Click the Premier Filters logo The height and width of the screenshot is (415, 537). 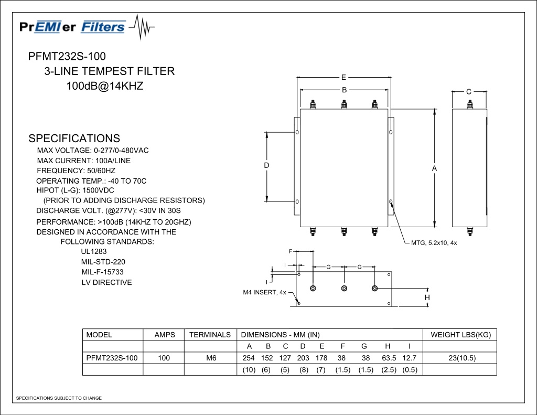click(87, 27)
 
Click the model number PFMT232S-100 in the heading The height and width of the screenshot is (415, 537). click(67, 56)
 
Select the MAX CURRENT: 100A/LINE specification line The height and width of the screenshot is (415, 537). click(83, 161)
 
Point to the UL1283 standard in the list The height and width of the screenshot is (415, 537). click(94, 251)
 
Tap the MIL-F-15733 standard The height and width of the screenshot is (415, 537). click(102, 272)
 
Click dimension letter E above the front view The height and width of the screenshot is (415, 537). click(343, 78)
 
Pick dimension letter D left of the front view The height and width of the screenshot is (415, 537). click(266, 165)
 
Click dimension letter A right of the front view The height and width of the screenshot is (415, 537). click(434, 168)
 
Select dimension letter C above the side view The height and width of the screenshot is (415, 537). click(469, 91)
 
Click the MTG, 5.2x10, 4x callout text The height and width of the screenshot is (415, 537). click(434, 243)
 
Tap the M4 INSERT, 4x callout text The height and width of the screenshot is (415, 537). click(264, 292)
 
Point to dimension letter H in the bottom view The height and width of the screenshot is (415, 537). click(427, 297)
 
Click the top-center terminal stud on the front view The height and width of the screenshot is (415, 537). click(344, 104)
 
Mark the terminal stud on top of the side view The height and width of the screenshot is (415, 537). click(470, 104)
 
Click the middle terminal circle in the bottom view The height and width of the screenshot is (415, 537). click(344, 289)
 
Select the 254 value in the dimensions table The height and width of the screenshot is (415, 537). click(248, 358)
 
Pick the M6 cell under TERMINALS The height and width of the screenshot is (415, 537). click(211, 358)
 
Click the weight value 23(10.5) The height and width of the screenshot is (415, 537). click(462, 358)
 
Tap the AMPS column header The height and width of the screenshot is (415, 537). click(165, 335)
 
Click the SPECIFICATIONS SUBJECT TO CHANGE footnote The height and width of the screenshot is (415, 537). click(59, 398)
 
